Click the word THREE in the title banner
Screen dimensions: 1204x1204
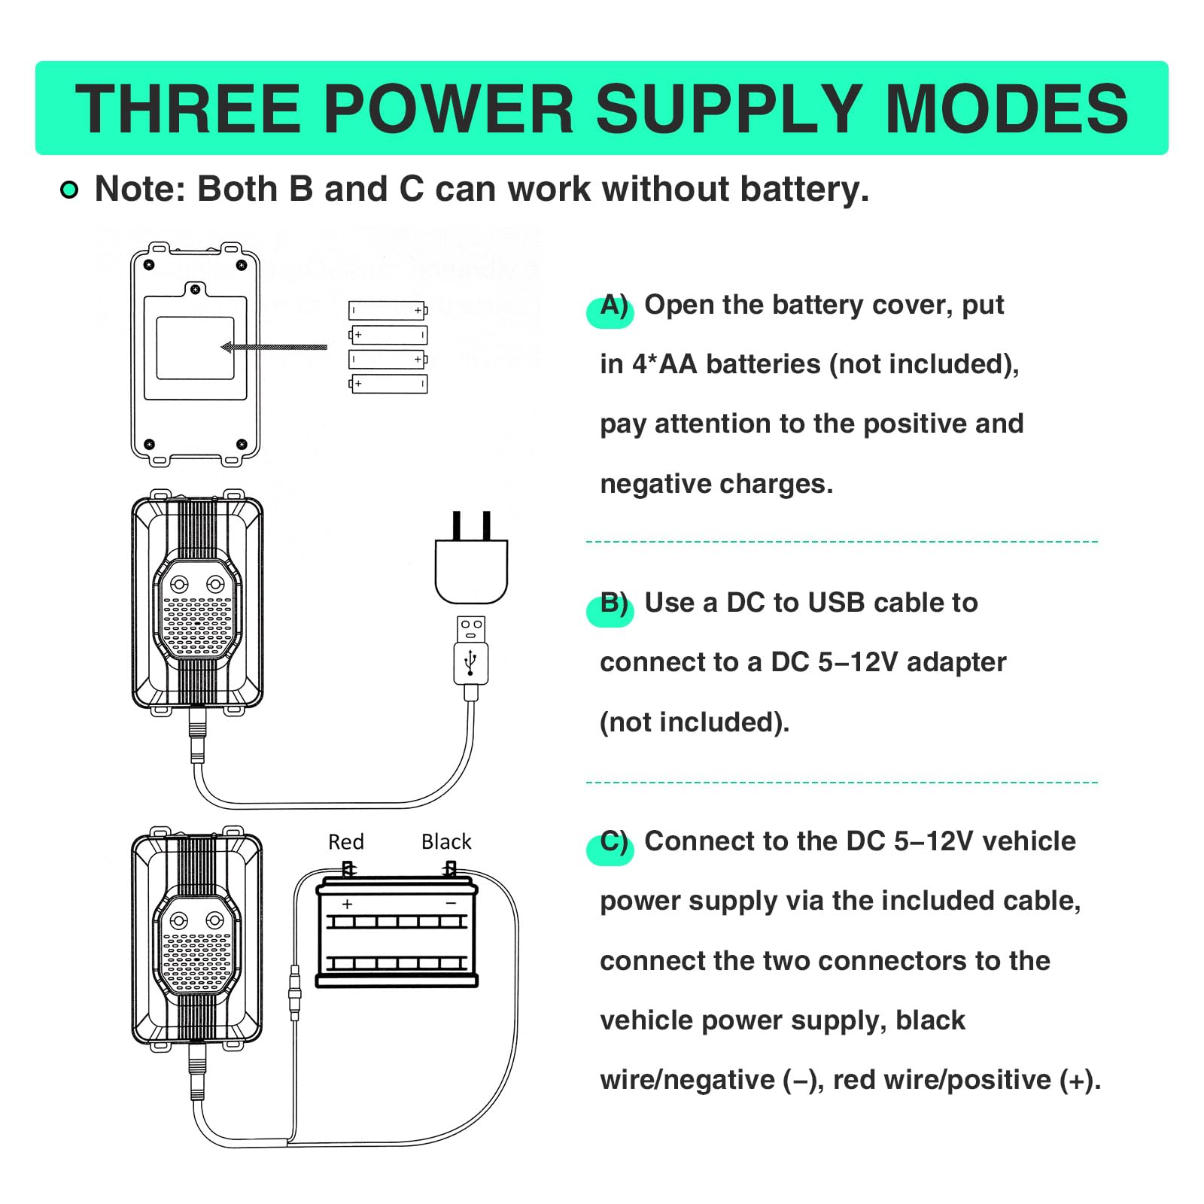point(187,109)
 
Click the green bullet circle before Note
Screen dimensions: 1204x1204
point(69,190)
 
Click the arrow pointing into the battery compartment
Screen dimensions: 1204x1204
point(274,347)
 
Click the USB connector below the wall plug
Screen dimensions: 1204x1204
point(471,652)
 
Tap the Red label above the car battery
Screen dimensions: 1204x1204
point(346,841)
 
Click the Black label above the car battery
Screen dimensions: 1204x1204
point(446,841)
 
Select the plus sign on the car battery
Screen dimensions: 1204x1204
point(347,904)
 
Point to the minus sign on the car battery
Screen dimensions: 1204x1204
point(451,903)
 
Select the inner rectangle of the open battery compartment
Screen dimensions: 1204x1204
point(195,348)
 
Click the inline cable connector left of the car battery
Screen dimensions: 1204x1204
point(294,992)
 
